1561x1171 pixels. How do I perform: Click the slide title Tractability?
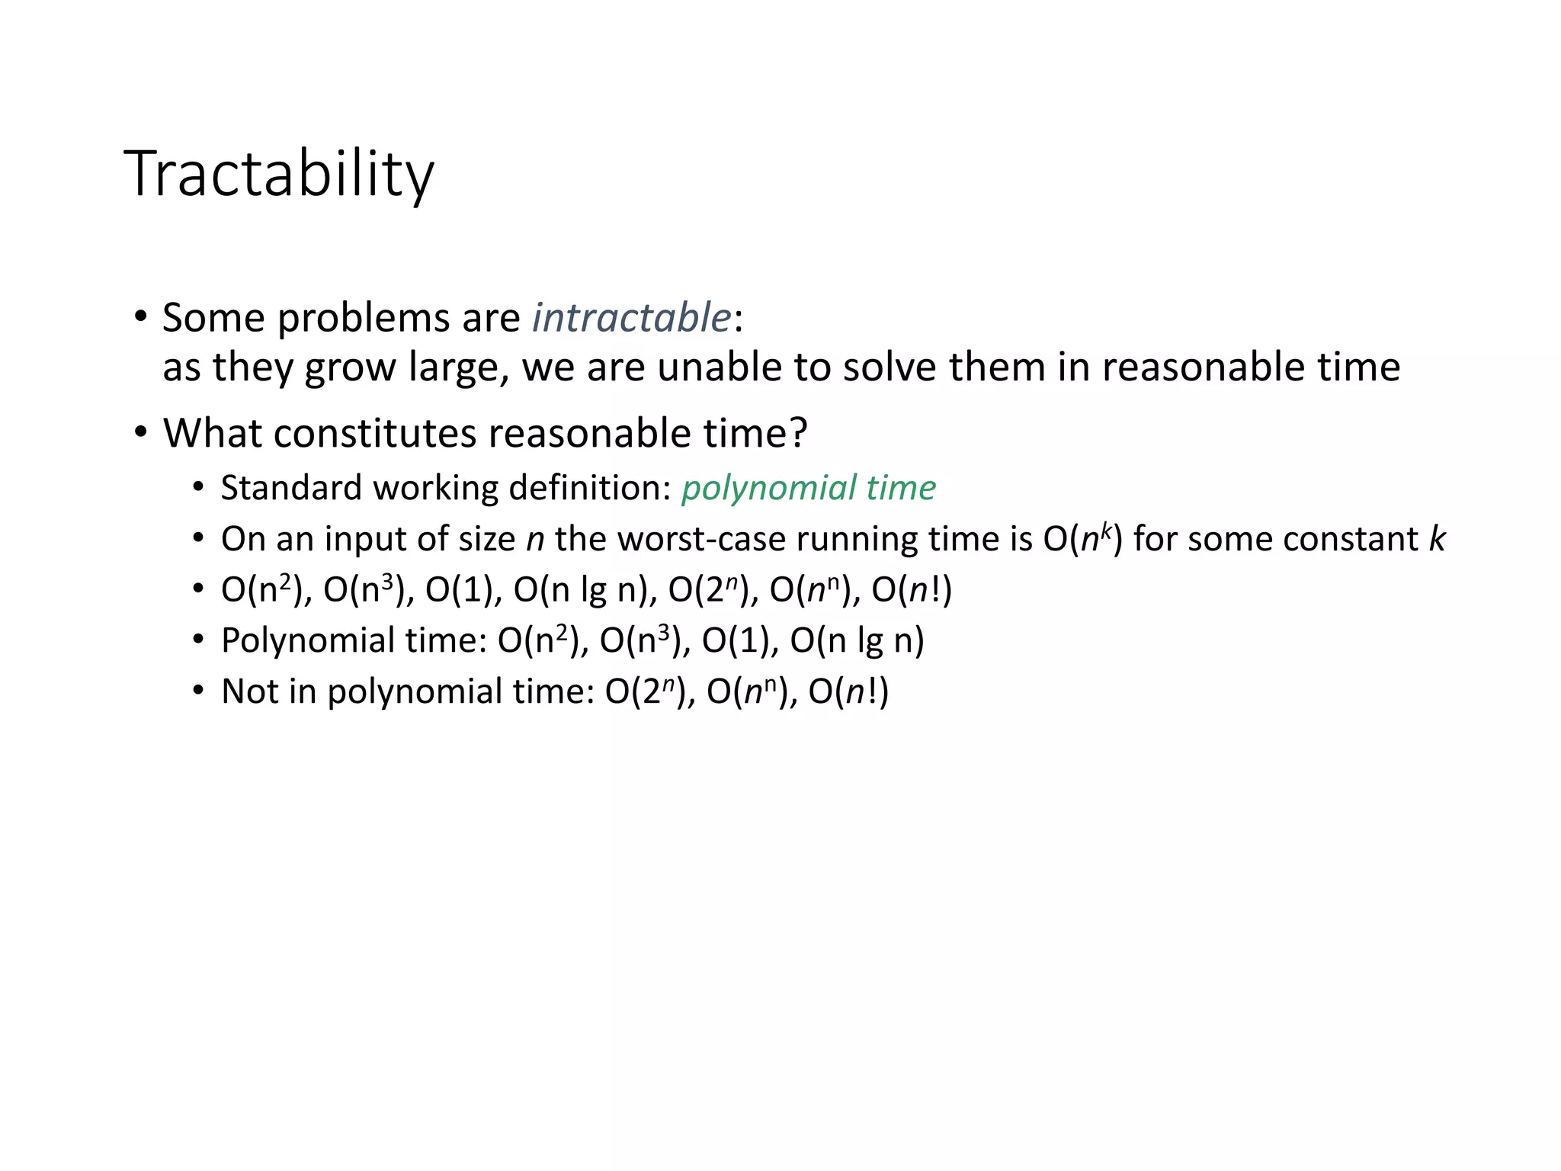click(279, 175)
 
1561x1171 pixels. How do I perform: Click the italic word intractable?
click(631, 317)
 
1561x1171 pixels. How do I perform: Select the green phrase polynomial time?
click(808, 488)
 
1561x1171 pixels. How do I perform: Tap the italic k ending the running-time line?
click(1436, 538)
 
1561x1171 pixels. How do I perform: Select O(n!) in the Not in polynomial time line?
click(848, 691)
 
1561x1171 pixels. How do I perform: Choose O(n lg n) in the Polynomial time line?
click(857, 640)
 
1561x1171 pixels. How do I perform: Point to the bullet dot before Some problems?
click(140, 316)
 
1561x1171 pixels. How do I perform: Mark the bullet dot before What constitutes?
click(140, 432)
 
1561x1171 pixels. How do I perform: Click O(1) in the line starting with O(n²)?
click(463, 590)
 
